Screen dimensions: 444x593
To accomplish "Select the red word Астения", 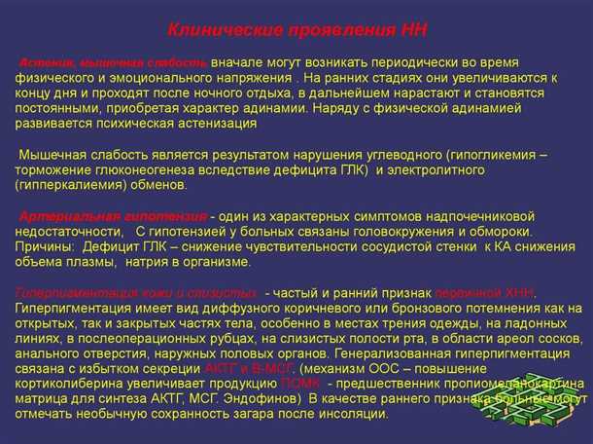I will [46, 60].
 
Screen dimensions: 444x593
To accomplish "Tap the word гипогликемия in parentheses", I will [504, 155].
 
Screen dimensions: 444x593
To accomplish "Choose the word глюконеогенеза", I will [145, 169].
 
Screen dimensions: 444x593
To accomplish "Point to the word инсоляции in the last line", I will [357, 414].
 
